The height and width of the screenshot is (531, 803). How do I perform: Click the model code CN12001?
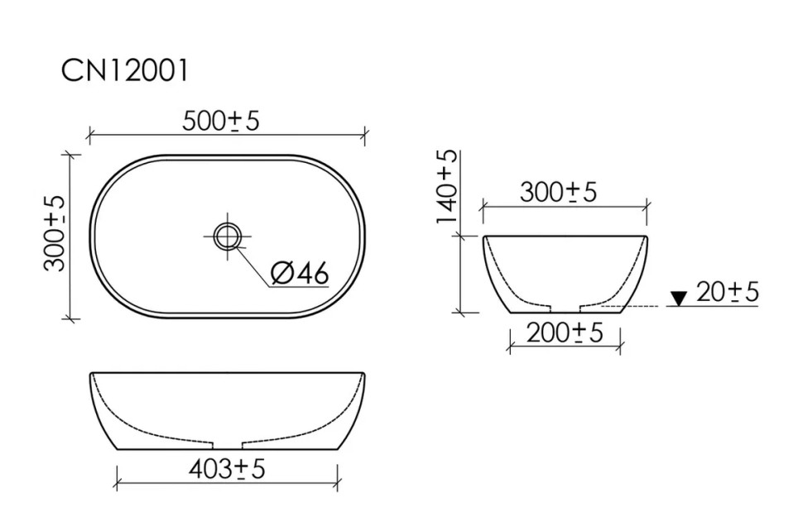click(x=125, y=71)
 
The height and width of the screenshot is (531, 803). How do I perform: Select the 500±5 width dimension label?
click(x=220, y=121)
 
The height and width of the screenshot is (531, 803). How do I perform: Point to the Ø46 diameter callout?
click(x=300, y=273)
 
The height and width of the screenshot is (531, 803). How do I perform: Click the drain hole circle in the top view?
click(x=226, y=236)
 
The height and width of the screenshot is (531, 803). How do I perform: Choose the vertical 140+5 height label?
click(x=447, y=188)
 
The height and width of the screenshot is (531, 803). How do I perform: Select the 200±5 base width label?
click(x=564, y=333)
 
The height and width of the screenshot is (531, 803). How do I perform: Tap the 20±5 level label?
click(x=728, y=292)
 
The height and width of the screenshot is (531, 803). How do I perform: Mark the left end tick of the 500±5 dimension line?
click(x=89, y=132)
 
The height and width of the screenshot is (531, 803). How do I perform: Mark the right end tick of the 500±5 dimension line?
click(x=365, y=132)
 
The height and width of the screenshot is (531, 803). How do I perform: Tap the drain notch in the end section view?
click(x=565, y=308)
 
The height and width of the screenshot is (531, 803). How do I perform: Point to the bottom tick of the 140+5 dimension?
click(x=462, y=313)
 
